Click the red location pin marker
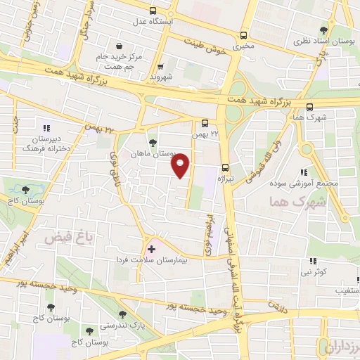click(x=181, y=165)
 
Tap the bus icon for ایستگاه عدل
click(x=153, y=11)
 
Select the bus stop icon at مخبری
click(x=243, y=34)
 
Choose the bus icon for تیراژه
click(x=226, y=167)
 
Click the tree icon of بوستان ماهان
click(x=152, y=142)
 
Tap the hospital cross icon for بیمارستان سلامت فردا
click(x=150, y=249)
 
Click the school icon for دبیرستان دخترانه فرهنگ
click(x=46, y=128)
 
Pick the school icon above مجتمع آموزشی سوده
click(x=303, y=172)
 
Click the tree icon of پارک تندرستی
click(x=124, y=314)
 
